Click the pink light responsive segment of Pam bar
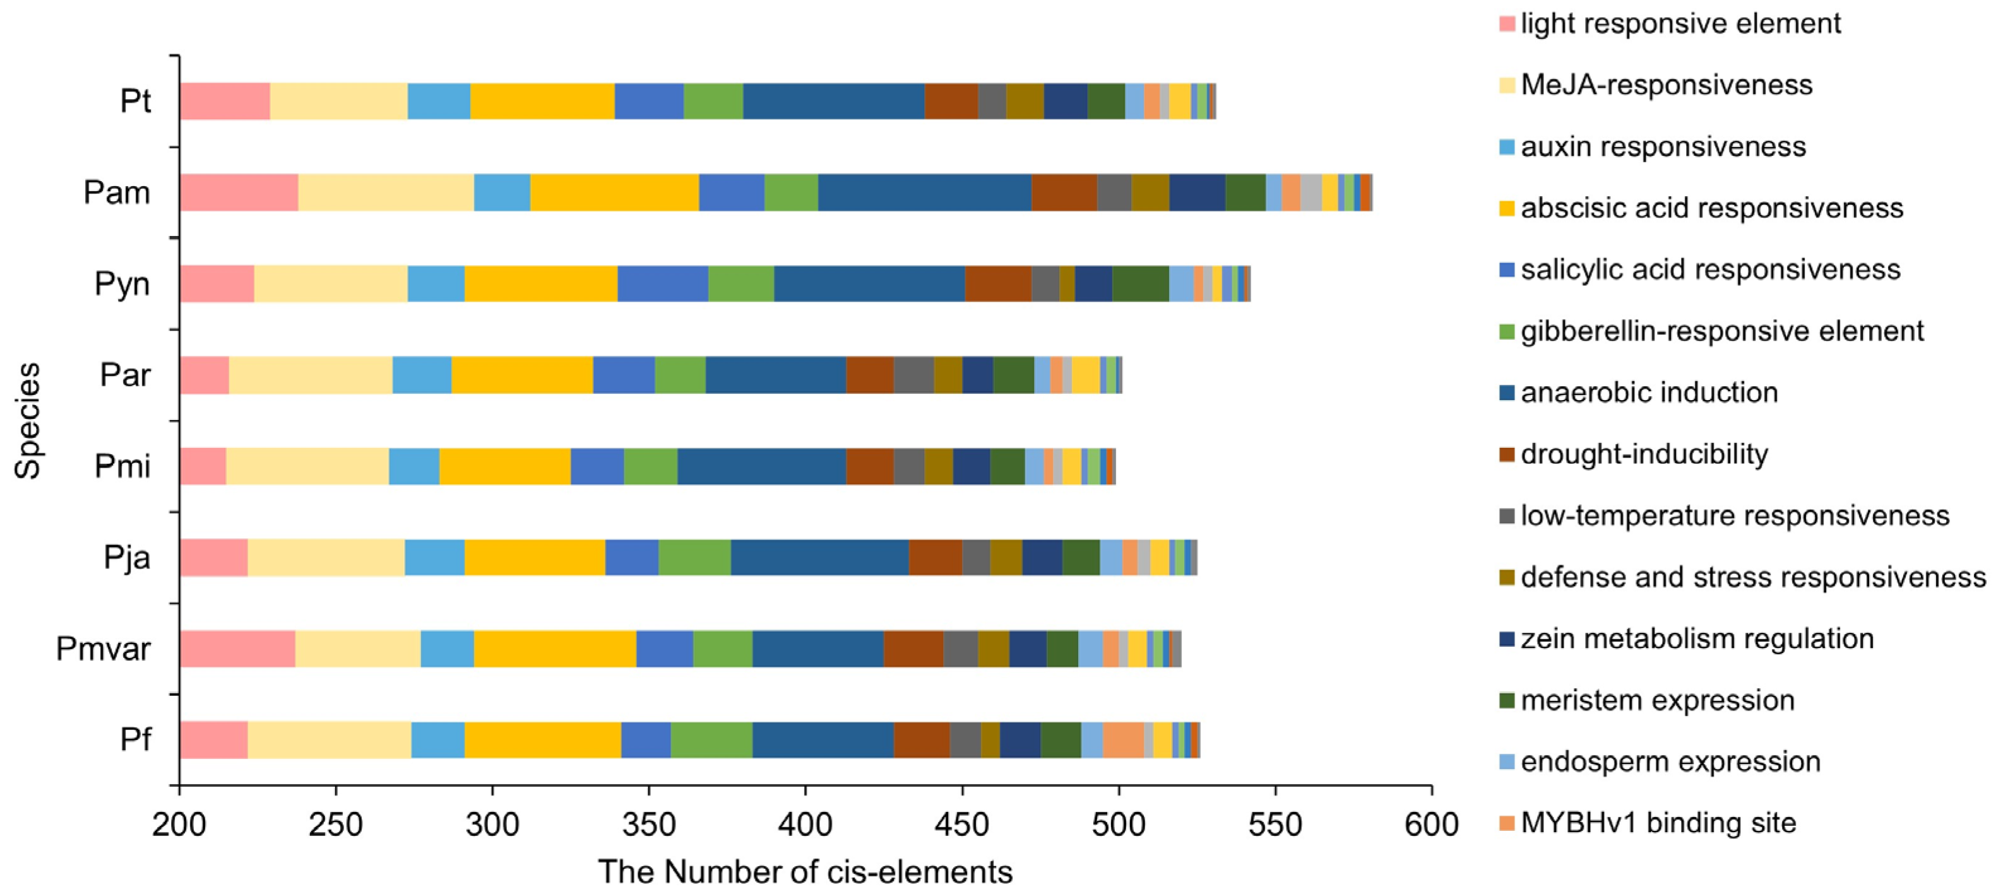(x=239, y=192)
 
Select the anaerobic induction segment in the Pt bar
(x=833, y=101)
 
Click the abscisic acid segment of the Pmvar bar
(x=555, y=649)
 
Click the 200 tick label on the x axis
(x=179, y=824)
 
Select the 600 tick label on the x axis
(x=1431, y=824)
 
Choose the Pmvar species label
(x=103, y=649)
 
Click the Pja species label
(x=127, y=557)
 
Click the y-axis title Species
(x=28, y=421)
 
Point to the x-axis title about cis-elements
(x=805, y=871)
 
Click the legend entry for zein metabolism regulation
(x=1696, y=638)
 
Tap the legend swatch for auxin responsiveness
(x=1507, y=146)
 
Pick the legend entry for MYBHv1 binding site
(x=1658, y=823)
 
